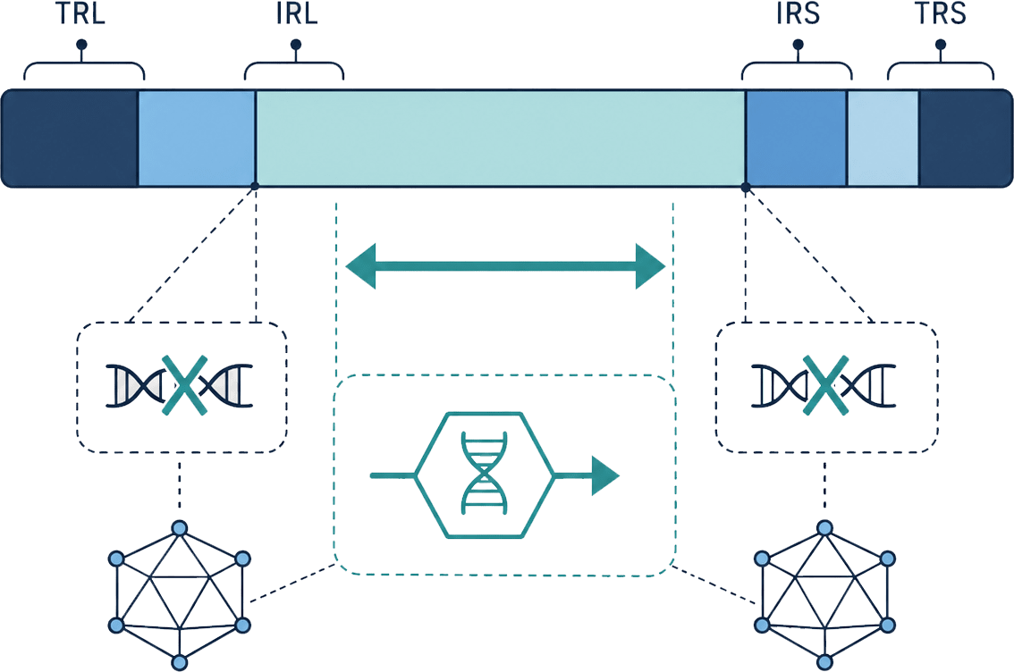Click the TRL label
(80, 13)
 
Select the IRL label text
(297, 13)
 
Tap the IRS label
(798, 13)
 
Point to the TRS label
(941, 13)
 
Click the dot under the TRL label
(81, 45)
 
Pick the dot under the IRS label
(798, 45)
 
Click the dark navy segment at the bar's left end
(70, 139)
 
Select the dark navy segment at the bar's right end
(966, 139)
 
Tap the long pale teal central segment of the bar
(501, 139)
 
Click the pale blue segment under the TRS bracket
(883, 139)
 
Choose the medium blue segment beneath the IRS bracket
(796, 139)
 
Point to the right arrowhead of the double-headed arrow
(651, 265)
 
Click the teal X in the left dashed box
(184, 385)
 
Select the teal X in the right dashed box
(824, 385)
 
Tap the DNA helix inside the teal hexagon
(484, 474)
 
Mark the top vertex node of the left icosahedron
(180, 528)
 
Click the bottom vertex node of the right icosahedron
(824, 662)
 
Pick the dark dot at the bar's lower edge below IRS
(746, 187)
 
